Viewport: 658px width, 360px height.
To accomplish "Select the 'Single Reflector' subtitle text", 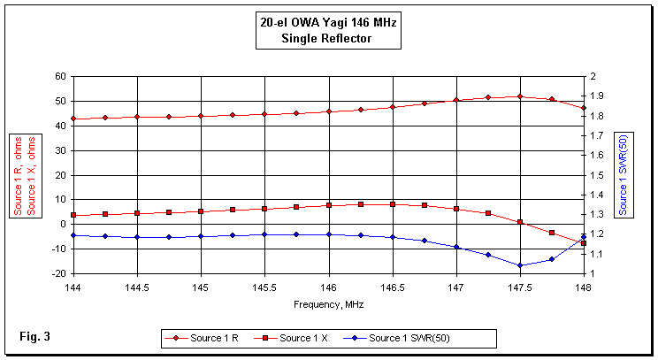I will pos(328,37).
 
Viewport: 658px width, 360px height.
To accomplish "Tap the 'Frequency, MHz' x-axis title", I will pos(328,304).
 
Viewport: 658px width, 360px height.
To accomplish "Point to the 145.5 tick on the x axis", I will pos(264,288).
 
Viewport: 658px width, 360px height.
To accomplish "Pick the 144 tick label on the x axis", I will pos(73,288).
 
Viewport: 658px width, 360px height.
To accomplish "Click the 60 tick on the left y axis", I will pos(60,76).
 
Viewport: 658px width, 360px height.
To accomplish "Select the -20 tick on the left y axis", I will pos(58,273).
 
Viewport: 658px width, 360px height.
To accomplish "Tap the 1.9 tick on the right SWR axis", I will pos(597,96).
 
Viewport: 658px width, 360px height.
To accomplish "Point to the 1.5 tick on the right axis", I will pos(597,175).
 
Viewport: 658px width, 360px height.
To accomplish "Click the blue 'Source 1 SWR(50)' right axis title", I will pos(624,175).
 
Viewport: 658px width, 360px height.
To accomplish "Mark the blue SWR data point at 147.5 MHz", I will pos(520,265).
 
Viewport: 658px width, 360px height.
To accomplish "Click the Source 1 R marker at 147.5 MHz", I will pos(520,96).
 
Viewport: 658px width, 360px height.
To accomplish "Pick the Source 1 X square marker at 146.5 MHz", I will pos(393,204).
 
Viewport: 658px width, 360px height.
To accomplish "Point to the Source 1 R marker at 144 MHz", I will pos(73,119).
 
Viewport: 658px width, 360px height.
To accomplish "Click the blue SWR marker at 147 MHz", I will pos(456,247).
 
